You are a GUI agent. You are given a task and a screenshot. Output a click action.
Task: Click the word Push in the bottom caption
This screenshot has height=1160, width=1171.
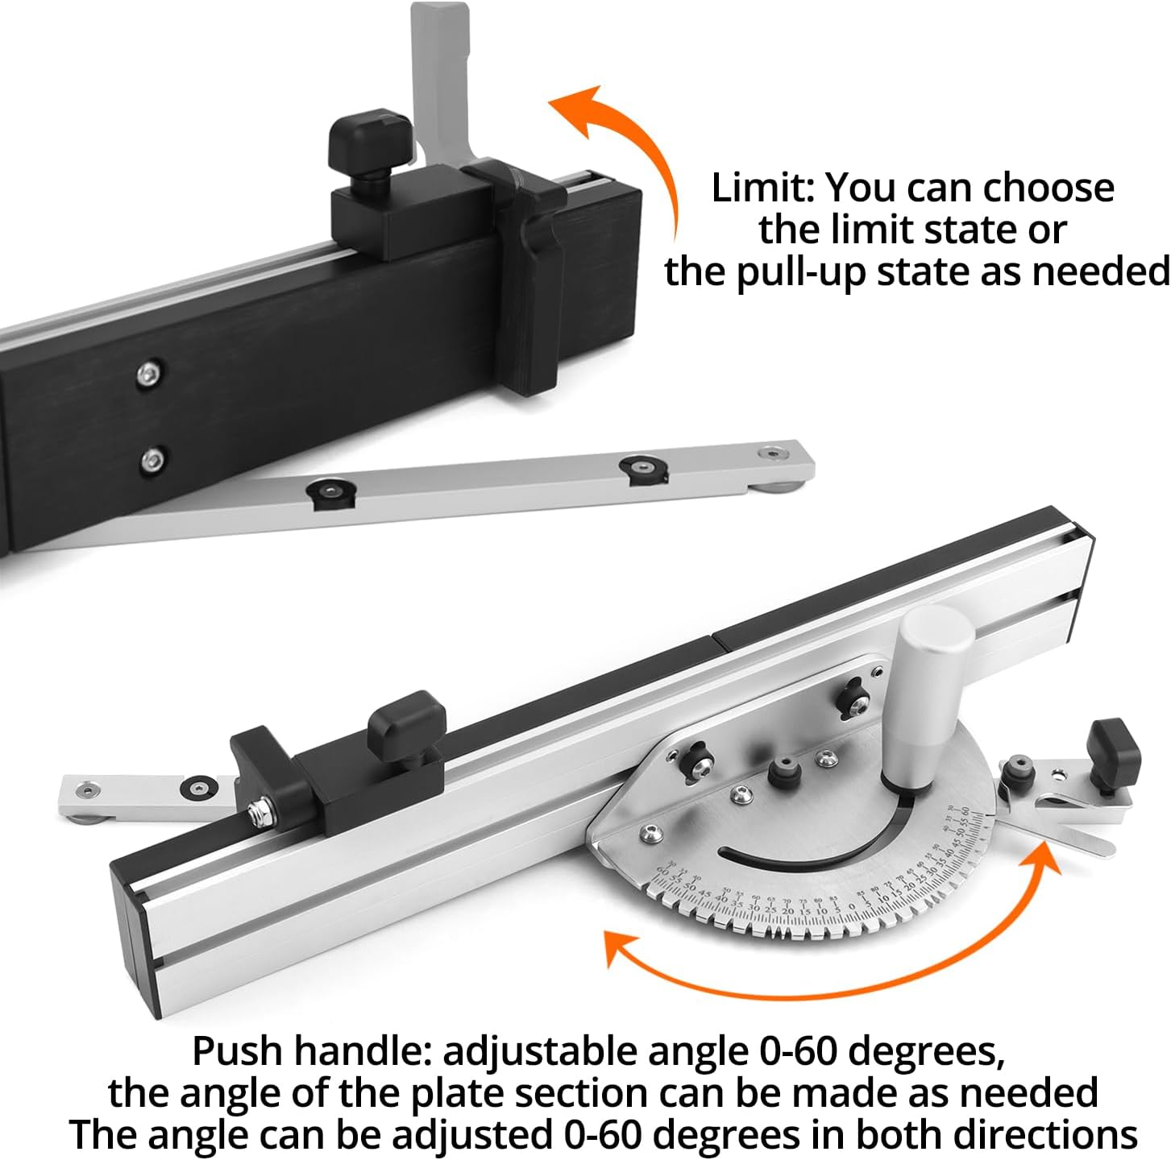(x=236, y=1050)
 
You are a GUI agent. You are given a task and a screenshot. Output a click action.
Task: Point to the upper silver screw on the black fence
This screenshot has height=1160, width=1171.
(x=149, y=372)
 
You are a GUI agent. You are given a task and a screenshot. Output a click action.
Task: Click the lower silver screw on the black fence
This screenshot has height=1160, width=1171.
(x=152, y=460)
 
